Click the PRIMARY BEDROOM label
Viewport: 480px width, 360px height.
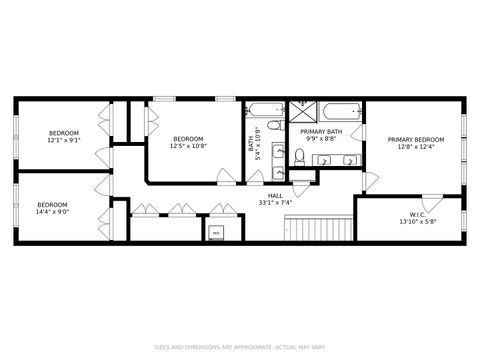click(x=416, y=139)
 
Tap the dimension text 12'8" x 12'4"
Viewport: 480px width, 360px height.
click(x=416, y=147)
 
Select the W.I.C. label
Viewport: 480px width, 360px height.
click(x=418, y=214)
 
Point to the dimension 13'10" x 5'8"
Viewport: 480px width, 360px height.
click(x=418, y=222)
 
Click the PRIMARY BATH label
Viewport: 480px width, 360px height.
click(x=321, y=131)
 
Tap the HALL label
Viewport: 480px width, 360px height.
click(x=274, y=195)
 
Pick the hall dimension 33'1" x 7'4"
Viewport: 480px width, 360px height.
click(x=274, y=203)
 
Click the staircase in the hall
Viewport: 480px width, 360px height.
click(x=320, y=229)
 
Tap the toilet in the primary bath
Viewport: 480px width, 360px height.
click(x=298, y=155)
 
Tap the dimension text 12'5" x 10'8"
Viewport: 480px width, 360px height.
click(x=188, y=147)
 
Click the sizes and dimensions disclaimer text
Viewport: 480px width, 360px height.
click(x=240, y=348)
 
